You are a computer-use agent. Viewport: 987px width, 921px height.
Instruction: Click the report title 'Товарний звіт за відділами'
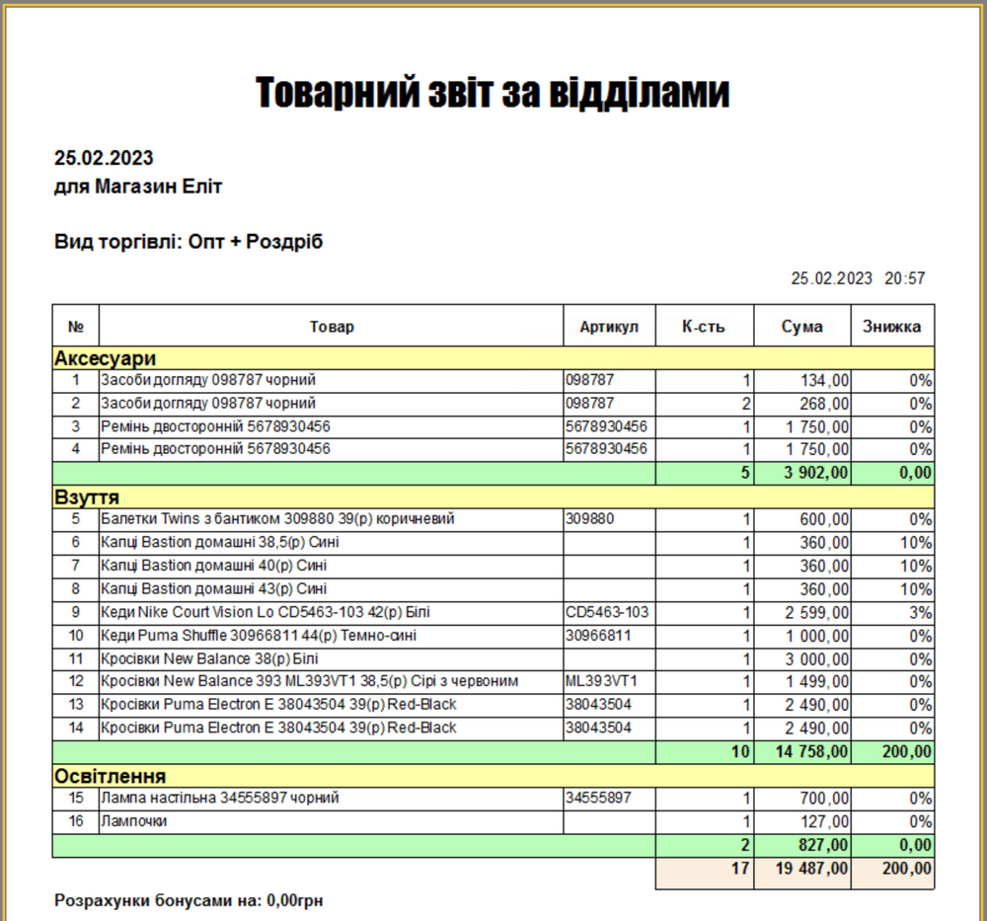(493, 93)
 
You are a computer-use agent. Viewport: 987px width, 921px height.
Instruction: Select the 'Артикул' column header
(609, 327)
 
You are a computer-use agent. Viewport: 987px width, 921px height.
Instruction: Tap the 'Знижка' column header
(891, 327)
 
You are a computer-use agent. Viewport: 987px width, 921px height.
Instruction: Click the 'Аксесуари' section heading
(106, 357)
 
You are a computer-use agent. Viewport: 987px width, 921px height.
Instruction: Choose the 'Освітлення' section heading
(110, 775)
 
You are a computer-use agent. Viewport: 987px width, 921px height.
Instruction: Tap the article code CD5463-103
(607, 612)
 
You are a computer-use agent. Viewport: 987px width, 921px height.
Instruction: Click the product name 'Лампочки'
(133, 821)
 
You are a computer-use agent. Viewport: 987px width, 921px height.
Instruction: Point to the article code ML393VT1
(602, 681)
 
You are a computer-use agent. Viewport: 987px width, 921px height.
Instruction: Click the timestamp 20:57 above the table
(904, 278)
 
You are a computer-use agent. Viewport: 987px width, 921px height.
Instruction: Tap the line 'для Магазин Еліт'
(138, 187)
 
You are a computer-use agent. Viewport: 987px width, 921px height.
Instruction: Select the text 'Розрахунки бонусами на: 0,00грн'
(189, 900)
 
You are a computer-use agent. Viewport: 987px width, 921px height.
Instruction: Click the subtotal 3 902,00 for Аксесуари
(816, 473)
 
